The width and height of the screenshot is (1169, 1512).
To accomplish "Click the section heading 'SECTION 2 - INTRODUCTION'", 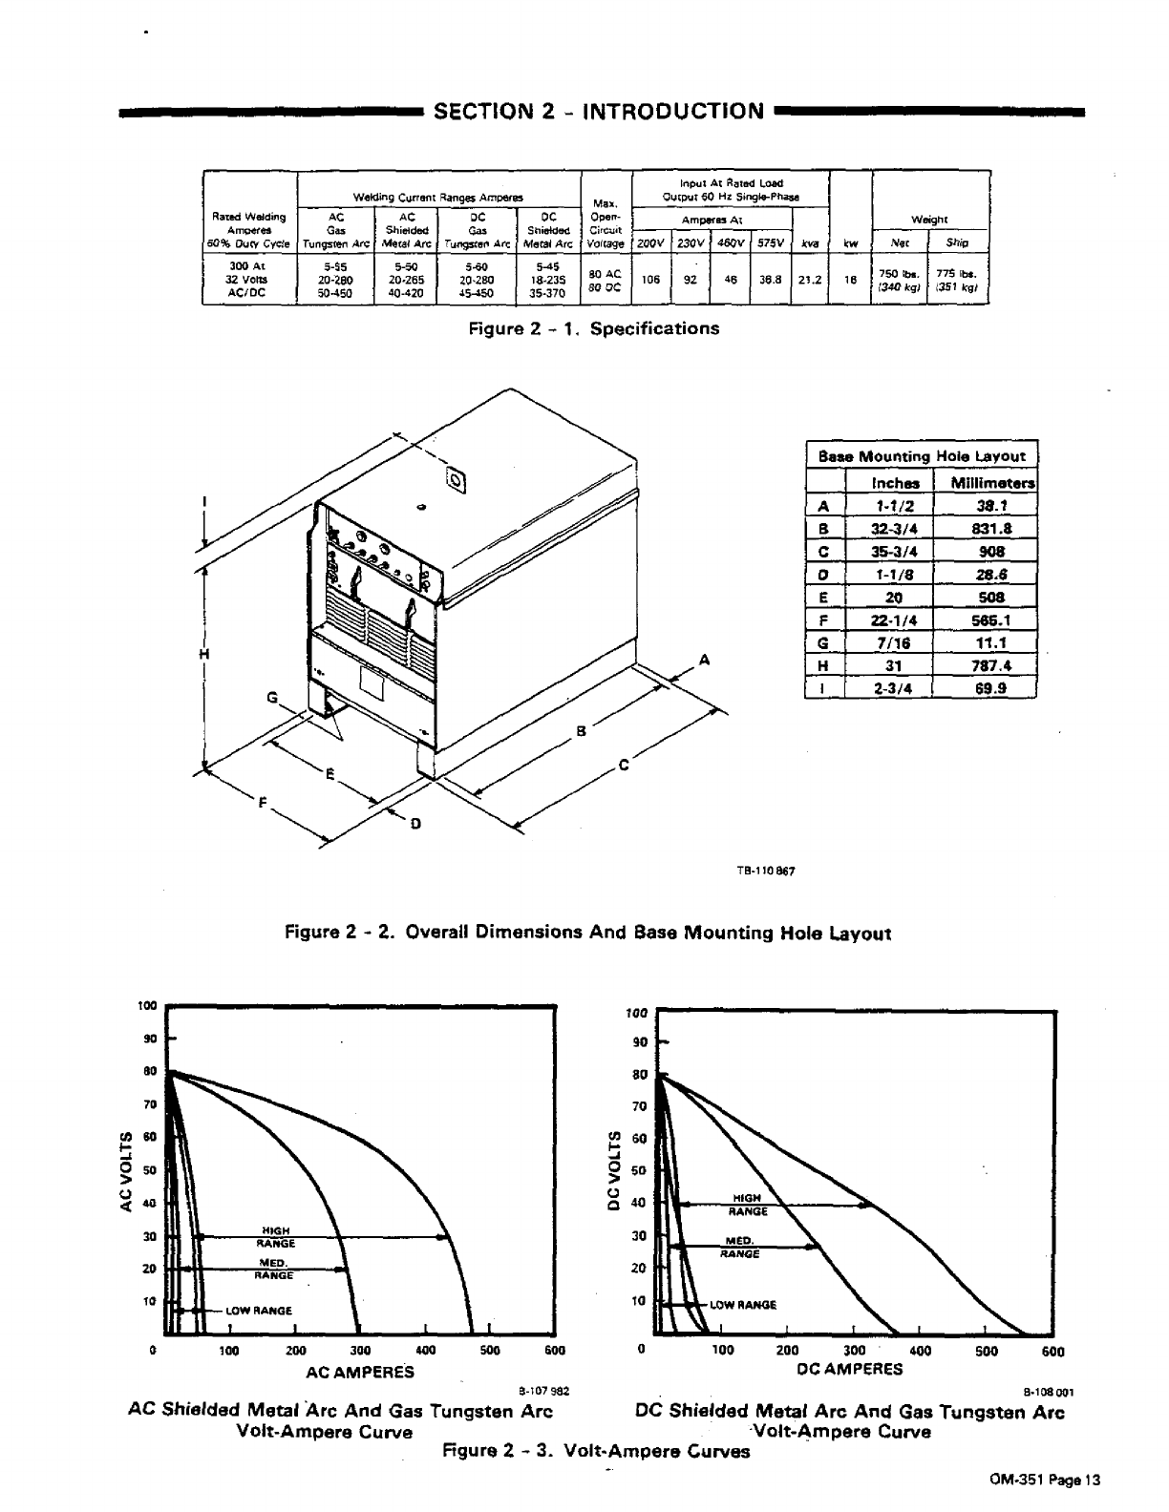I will click(599, 112).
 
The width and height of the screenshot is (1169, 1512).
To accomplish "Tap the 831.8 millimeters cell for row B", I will click(984, 529).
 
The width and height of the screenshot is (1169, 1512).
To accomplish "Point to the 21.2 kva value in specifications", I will click(809, 281).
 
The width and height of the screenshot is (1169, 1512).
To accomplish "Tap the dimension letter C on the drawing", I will click(624, 765).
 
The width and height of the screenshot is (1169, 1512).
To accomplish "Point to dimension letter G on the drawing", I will click(272, 699).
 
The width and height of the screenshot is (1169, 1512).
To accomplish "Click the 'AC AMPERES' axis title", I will click(359, 1372).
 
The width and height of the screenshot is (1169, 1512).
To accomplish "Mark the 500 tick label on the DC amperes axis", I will click(987, 1351).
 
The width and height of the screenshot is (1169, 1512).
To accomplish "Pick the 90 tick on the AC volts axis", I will click(149, 1039).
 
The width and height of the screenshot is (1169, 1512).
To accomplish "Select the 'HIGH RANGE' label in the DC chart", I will click(747, 1204).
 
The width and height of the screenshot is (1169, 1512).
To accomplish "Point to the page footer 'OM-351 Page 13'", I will click(1045, 1480).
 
